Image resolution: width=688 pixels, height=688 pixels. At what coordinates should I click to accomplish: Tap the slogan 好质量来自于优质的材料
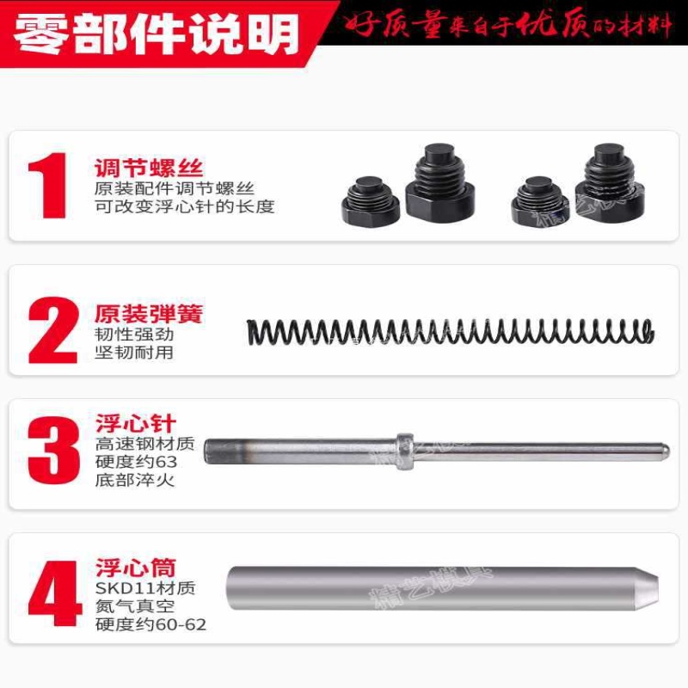(508, 25)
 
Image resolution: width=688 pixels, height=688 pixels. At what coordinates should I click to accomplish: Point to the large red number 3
(52, 451)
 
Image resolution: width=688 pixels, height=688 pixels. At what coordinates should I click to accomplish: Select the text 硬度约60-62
(150, 624)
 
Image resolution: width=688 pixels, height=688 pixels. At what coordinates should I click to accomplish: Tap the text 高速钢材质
(144, 445)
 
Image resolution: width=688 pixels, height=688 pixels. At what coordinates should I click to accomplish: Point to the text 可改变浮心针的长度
(184, 206)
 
